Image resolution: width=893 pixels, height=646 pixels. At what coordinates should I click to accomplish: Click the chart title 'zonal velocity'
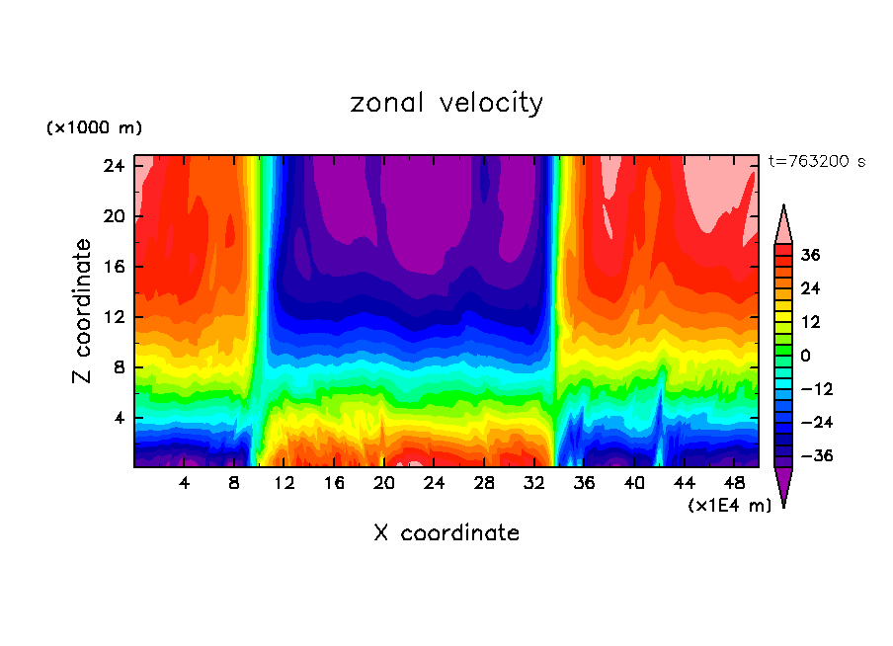446,103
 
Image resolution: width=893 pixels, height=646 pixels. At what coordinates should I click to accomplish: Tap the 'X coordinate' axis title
446,533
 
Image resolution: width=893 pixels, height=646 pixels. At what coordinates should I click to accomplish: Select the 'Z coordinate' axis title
83,311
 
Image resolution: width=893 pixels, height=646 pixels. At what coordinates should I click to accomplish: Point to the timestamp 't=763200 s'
817,161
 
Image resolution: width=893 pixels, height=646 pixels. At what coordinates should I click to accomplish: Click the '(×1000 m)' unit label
95,128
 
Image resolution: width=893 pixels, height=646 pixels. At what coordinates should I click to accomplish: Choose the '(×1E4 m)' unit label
729,505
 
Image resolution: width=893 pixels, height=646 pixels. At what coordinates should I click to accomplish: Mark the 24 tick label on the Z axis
112,166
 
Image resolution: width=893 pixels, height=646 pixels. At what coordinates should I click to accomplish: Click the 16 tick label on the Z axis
112,267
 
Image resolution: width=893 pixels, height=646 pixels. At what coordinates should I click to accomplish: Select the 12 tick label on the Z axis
112,317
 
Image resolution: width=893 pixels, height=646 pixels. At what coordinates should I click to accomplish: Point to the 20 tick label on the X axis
383,483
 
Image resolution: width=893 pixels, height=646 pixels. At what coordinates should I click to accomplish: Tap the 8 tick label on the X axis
234,483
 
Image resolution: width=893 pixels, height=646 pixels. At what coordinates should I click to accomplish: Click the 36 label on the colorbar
811,255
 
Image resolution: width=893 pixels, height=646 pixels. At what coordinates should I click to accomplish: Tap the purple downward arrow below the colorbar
783,486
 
